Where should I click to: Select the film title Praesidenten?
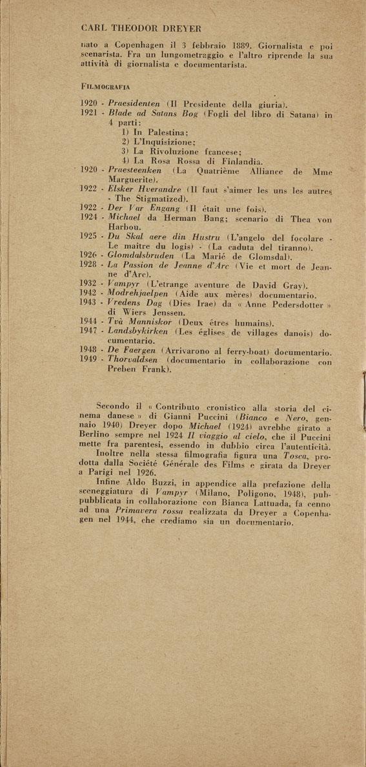[135, 103]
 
